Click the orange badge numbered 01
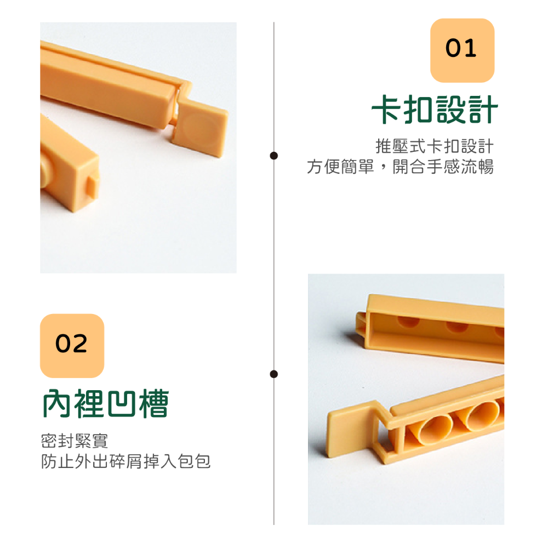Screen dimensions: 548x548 coord(462,50)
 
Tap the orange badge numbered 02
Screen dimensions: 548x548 coord(72,346)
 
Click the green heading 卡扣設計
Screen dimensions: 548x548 coord(435,110)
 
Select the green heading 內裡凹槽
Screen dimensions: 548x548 coord(106,404)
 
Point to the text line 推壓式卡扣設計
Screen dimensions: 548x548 coord(435,146)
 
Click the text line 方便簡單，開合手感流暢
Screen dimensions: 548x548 coord(400,167)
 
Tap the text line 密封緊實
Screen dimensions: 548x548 coord(75,441)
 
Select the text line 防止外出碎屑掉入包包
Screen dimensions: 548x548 coord(126,461)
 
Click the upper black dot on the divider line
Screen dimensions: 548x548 coord(274,156)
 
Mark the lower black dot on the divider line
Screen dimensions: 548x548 coord(274,374)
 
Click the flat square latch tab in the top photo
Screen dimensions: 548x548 coord(201,128)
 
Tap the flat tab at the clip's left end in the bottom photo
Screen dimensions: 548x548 coord(350,430)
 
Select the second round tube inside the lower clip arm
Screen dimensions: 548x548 coord(478,415)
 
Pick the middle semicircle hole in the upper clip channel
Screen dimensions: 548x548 coord(457,327)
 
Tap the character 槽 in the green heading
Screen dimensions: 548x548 coord(154,404)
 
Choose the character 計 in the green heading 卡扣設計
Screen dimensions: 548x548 coord(483,110)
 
